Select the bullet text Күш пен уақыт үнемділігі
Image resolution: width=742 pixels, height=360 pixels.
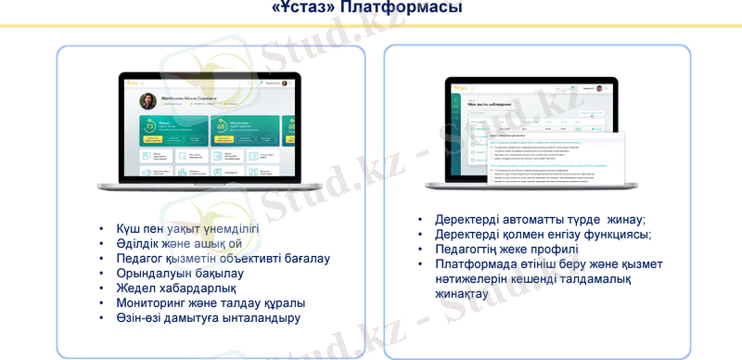(x=187, y=228)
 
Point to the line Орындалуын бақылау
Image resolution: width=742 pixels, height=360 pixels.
(x=180, y=273)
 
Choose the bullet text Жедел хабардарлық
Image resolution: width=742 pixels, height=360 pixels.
(x=175, y=288)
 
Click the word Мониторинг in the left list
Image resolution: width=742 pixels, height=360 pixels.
(x=155, y=302)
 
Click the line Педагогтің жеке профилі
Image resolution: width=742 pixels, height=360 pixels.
(x=506, y=250)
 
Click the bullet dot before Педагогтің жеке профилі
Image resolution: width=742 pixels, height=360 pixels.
(x=419, y=250)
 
